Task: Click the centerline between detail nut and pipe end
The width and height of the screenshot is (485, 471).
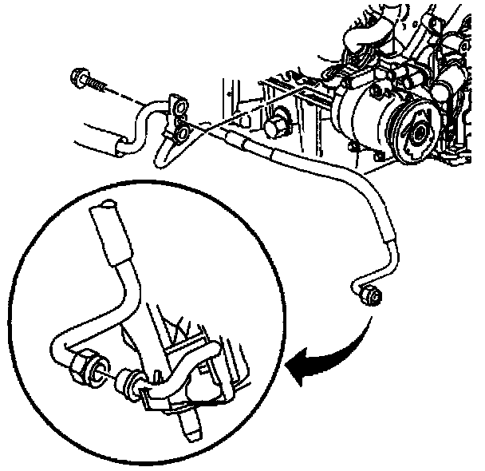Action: point(108,376)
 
